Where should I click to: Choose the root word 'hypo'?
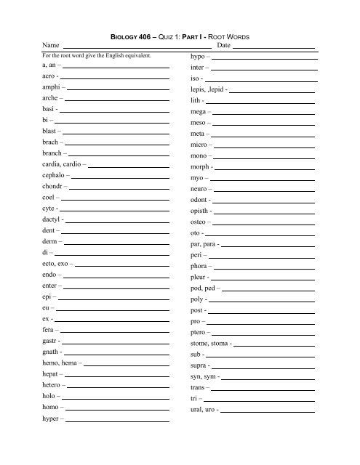[199, 56]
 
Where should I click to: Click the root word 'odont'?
[199, 199]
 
